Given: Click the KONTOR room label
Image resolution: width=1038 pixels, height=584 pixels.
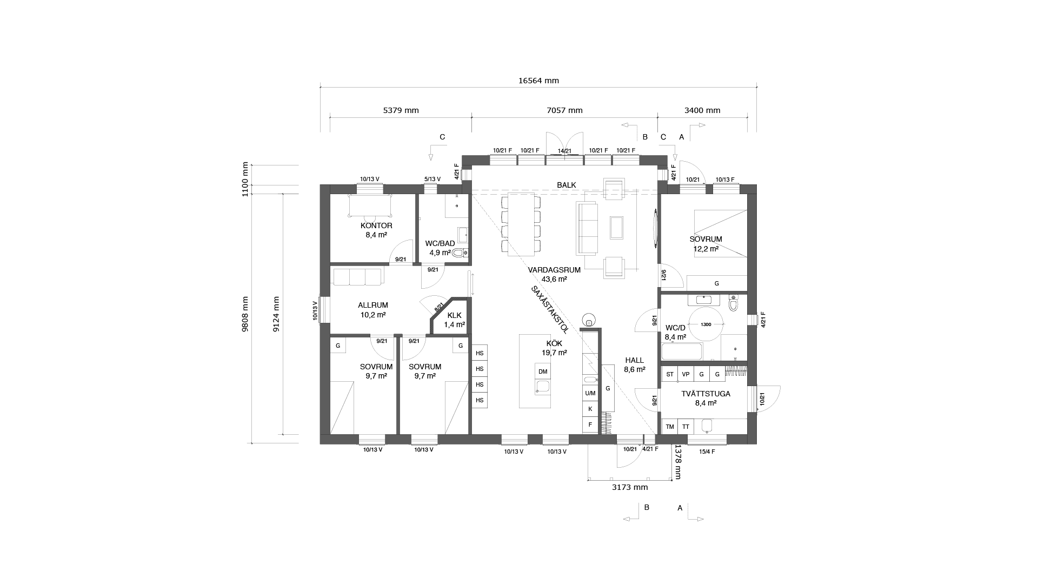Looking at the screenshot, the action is click(x=376, y=225).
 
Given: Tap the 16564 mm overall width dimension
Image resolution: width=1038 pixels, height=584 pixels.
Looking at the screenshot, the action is click(x=538, y=81).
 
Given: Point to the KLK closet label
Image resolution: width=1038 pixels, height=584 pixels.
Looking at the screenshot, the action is click(x=454, y=315).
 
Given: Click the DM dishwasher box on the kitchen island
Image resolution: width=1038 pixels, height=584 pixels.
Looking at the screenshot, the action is click(x=543, y=371).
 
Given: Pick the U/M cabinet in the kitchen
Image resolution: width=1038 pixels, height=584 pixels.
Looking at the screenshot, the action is click(x=590, y=393).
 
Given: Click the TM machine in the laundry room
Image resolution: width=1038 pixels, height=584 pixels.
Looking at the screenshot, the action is click(x=670, y=427).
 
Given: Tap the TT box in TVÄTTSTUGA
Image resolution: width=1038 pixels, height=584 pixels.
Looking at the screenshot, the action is click(x=686, y=427).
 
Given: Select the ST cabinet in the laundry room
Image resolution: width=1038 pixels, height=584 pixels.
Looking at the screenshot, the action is click(x=670, y=374).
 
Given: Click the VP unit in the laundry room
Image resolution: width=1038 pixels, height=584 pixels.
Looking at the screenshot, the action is click(x=686, y=374).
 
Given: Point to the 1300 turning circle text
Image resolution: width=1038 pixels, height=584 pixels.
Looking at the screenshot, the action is click(x=706, y=324).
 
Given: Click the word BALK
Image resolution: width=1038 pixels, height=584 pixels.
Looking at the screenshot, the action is click(x=567, y=185).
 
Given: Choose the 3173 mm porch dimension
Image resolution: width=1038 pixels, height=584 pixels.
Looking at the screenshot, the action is click(x=630, y=487).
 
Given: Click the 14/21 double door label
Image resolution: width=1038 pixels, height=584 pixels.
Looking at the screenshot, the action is click(x=564, y=151).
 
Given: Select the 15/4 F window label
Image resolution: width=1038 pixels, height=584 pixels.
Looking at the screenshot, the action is click(x=707, y=452).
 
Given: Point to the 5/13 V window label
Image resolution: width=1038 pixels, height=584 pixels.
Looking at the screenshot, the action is click(x=432, y=179).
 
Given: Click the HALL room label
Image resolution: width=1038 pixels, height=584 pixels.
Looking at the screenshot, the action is click(x=635, y=360).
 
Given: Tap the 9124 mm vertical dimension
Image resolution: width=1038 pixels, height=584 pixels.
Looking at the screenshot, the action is click(x=276, y=314).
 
